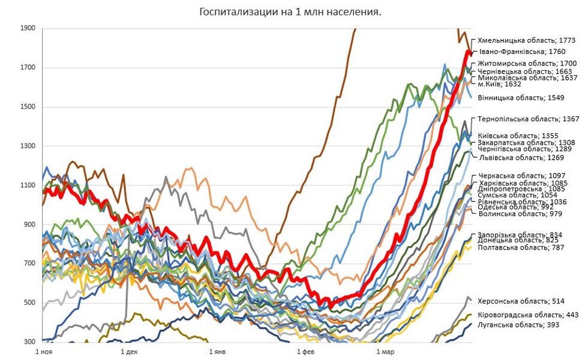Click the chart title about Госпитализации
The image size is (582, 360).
[x=290, y=12]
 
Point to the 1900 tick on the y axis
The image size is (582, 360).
[x=27, y=28]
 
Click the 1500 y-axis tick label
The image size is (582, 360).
[x=27, y=107]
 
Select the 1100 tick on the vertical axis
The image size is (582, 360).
[x=27, y=185]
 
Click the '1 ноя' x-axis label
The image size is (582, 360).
[x=46, y=352]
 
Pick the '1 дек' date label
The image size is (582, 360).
[x=129, y=352]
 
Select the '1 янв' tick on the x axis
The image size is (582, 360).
[x=217, y=352]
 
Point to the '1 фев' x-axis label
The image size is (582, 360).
[x=304, y=352]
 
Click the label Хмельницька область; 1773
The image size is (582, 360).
[x=526, y=41]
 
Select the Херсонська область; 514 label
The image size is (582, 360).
[x=521, y=301]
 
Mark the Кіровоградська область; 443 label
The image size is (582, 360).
[x=528, y=315]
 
